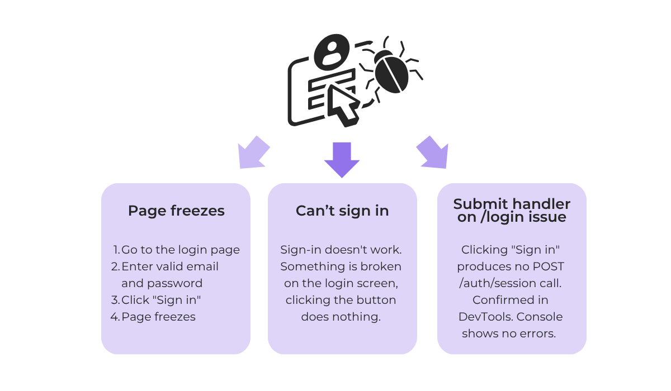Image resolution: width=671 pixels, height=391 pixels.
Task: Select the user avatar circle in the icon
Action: pyautogui.click(x=332, y=53)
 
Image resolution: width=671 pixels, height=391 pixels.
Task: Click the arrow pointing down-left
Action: pyautogui.click(x=253, y=152)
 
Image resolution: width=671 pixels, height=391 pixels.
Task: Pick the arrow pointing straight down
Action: pyautogui.click(x=342, y=160)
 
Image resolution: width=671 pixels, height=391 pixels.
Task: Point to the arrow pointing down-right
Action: pyautogui.click(x=433, y=152)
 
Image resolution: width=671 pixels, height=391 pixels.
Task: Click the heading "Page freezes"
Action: pyautogui.click(x=176, y=211)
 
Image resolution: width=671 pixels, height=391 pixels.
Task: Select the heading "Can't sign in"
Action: pyautogui.click(x=342, y=211)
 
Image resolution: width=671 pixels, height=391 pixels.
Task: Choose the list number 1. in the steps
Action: pyautogui.click(x=117, y=250)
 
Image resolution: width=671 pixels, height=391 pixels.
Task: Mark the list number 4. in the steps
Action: pyautogui.click(x=115, y=317)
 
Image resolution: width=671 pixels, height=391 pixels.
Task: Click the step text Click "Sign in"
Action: pyautogui.click(x=161, y=300)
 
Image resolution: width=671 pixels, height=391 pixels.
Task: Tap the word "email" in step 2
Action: pyautogui.click(x=204, y=266)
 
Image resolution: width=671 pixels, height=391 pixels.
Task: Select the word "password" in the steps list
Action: pyautogui.click(x=175, y=284)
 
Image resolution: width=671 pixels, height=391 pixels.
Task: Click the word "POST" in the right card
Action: pyautogui.click(x=548, y=266)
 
